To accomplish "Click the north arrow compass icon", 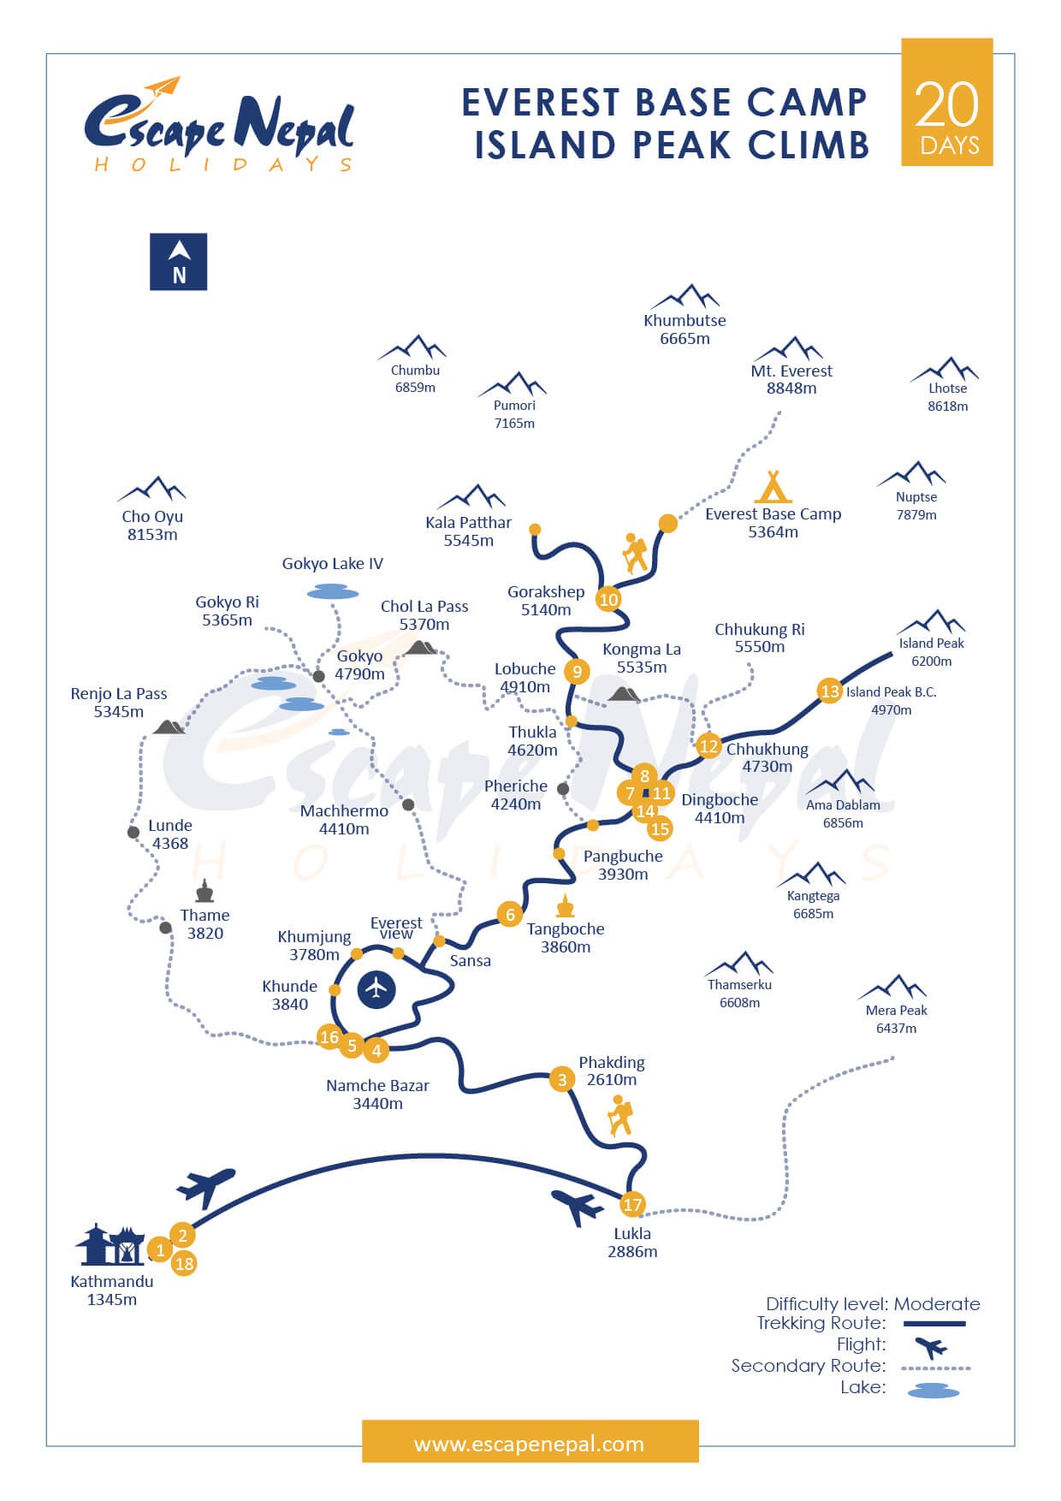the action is pyautogui.click(x=178, y=262).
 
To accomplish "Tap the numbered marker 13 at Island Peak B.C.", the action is pyautogui.click(x=829, y=691).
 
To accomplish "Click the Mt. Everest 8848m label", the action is pyautogui.click(x=791, y=379).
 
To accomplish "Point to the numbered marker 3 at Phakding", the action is pyautogui.click(x=561, y=1079).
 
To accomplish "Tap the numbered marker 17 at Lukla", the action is pyautogui.click(x=631, y=1205).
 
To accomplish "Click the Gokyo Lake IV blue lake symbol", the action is pyautogui.click(x=333, y=591).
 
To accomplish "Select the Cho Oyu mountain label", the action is pyautogui.click(x=152, y=525).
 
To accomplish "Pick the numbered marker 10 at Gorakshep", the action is pyautogui.click(x=608, y=599).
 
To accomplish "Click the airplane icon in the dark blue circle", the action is pyautogui.click(x=376, y=989).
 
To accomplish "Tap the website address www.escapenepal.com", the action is pyautogui.click(x=529, y=1445).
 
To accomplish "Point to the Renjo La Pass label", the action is pyautogui.click(x=119, y=703).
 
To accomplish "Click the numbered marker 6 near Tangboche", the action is pyautogui.click(x=510, y=915).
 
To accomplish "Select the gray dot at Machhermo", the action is pyautogui.click(x=408, y=804).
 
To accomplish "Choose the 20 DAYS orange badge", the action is pyautogui.click(x=946, y=102).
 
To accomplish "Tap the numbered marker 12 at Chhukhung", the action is pyautogui.click(x=708, y=746).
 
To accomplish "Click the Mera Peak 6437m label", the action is pyautogui.click(x=896, y=1019).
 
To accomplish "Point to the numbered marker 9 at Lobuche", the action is pyautogui.click(x=578, y=672).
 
